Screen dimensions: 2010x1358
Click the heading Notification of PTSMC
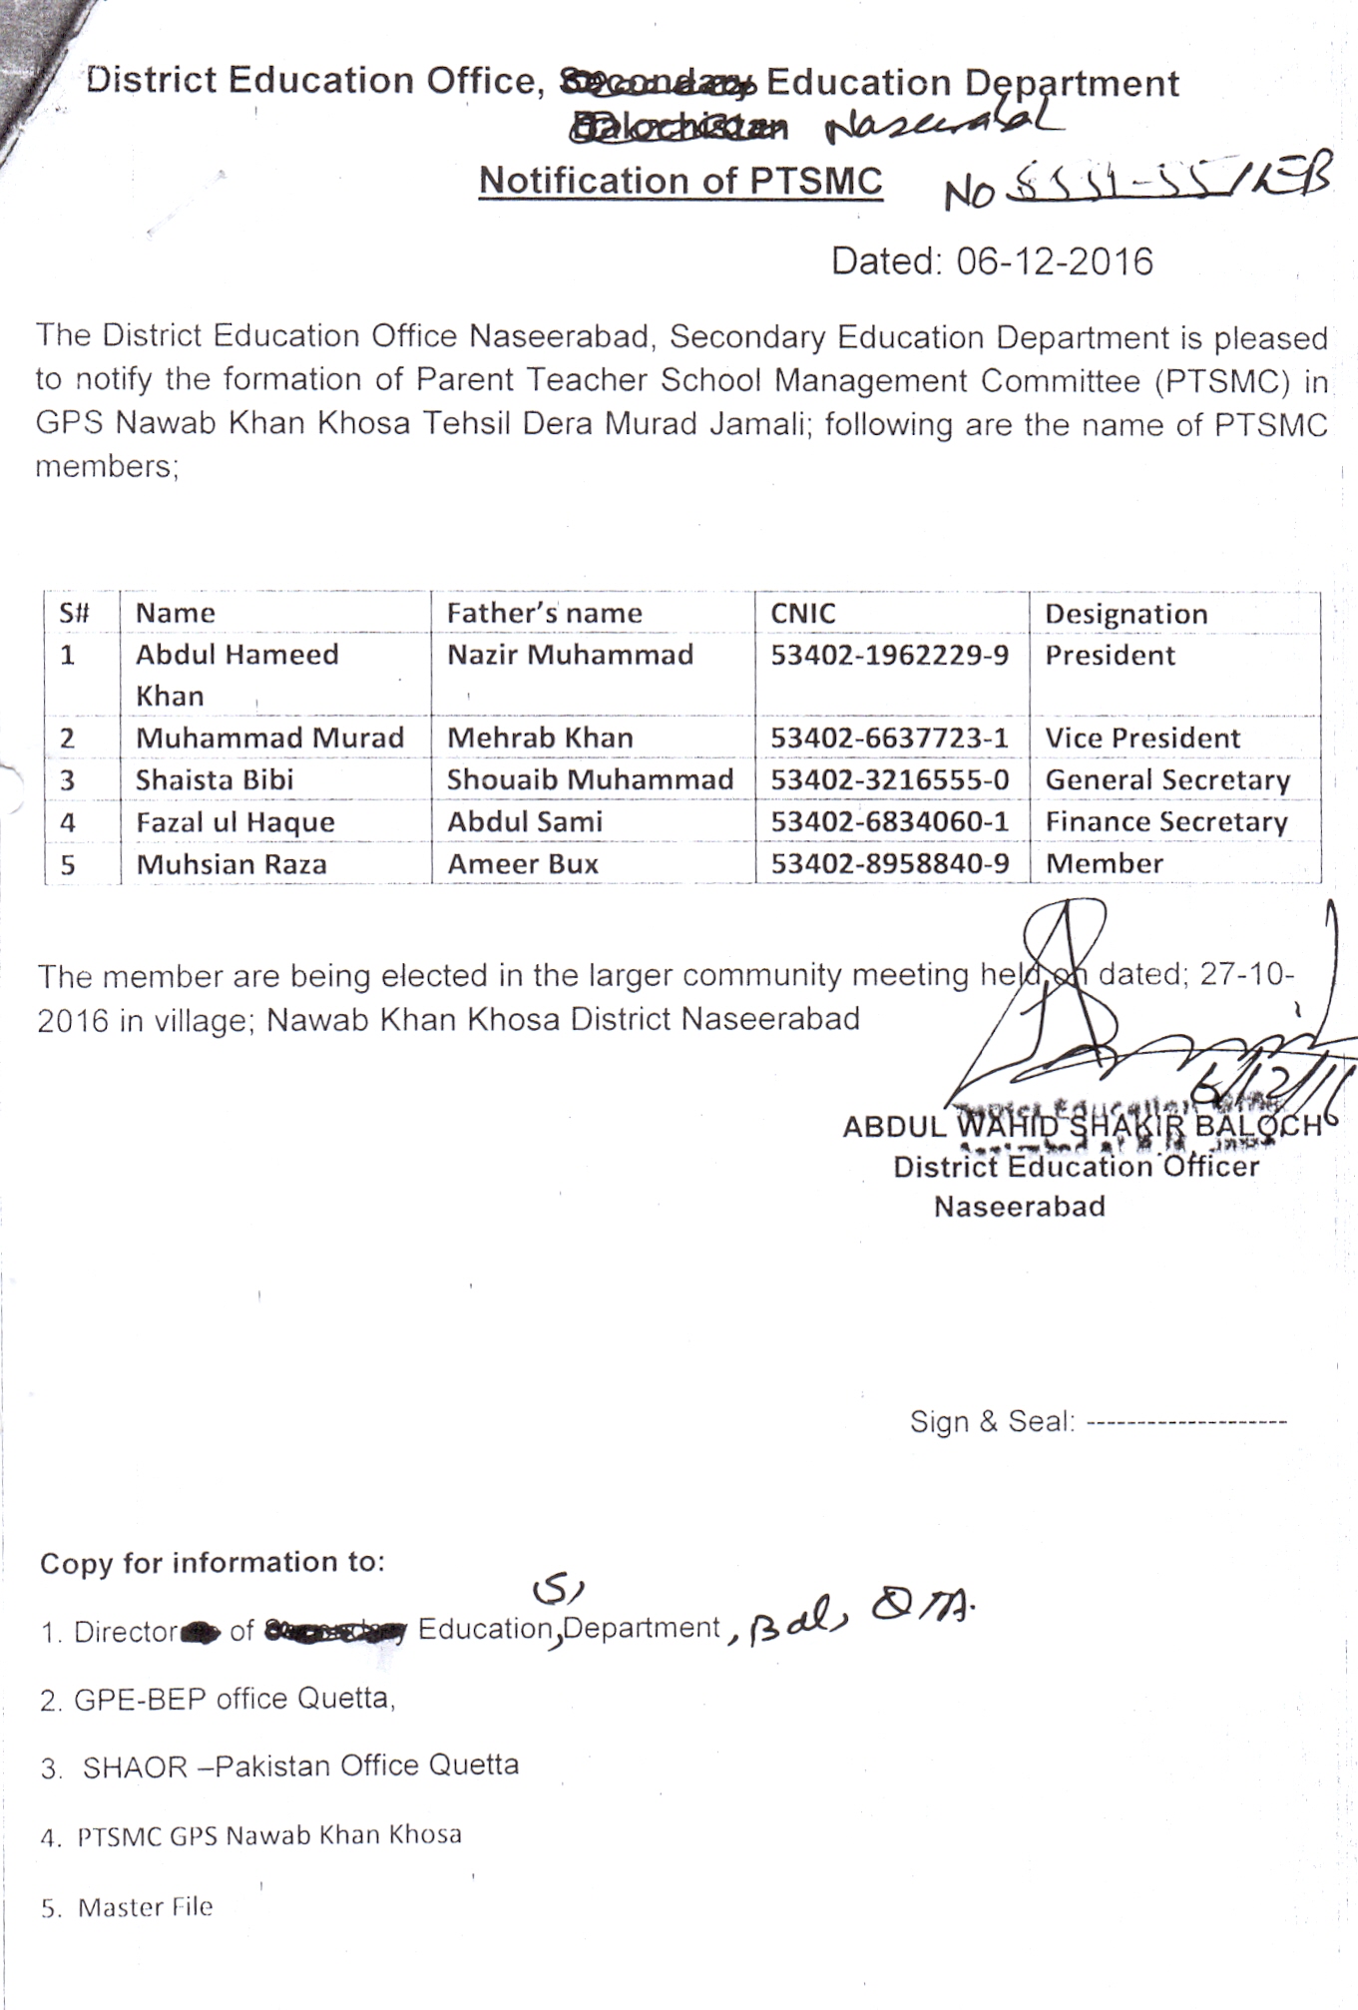tap(680, 182)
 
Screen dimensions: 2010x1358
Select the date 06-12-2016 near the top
tap(1054, 261)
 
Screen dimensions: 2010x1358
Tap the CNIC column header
tap(802, 613)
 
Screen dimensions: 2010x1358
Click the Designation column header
tap(1126, 614)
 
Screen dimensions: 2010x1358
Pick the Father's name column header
tap(544, 613)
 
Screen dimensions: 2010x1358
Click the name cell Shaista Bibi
tap(215, 779)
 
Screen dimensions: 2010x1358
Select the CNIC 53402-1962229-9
tap(889, 655)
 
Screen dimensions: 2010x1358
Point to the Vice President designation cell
tap(1141, 739)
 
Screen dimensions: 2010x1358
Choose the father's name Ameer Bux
tap(522, 864)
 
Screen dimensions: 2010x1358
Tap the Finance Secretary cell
tap(1165, 822)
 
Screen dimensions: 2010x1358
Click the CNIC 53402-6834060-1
tap(889, 822)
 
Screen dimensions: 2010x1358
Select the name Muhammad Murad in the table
tap(269, 739)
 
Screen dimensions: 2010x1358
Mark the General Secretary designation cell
tap(1167, 780)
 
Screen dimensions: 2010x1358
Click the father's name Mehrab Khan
tap(540, 739)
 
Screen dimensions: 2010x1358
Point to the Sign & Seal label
tap(991, 1421)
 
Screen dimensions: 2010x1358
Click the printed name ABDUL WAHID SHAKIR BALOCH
tap(1082, 1127)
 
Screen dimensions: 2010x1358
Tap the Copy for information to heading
tap(212, 1563)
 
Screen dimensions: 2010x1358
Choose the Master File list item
tap(146, 1907)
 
